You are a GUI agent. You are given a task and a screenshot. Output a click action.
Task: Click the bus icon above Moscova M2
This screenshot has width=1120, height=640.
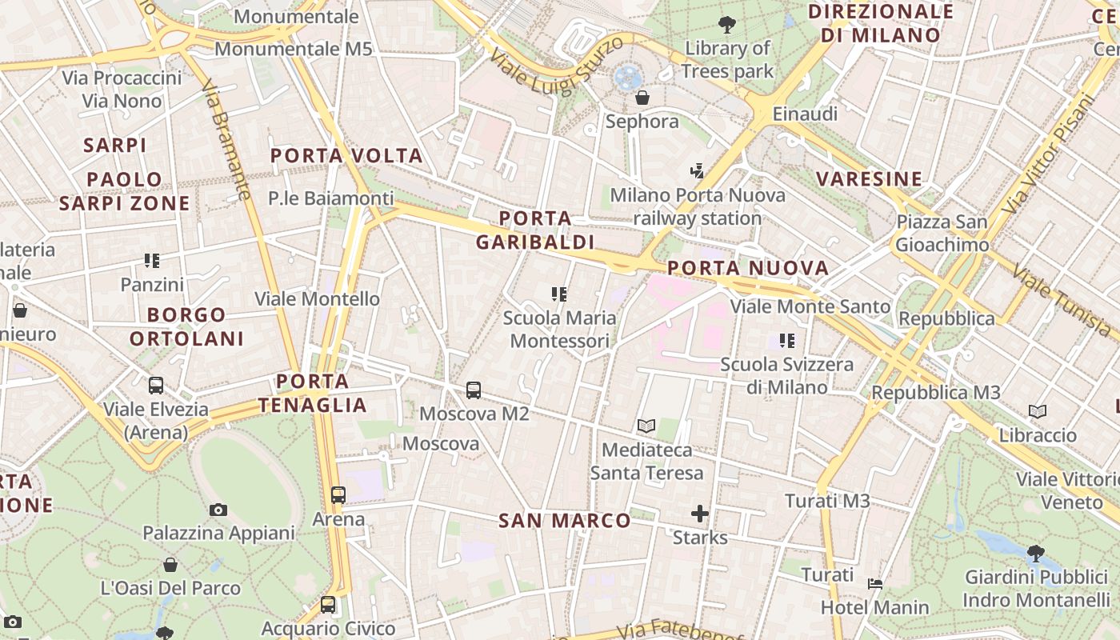coord(474,390)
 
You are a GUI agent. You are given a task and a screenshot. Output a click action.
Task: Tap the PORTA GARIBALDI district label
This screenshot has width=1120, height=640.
coord(535,230)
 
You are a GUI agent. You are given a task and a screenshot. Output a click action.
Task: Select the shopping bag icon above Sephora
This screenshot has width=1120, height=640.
coord(642,98)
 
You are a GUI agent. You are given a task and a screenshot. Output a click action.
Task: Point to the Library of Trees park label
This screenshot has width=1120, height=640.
coord(727,60)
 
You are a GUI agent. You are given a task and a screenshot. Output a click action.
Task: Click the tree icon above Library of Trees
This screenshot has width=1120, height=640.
coord(727,25)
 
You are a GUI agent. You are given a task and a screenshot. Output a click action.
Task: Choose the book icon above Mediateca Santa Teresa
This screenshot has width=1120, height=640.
coord(646,426)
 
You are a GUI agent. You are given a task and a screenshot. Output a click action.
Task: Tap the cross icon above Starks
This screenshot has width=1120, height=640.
coord(700,513)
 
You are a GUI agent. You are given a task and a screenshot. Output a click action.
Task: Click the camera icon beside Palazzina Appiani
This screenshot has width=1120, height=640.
coord(218,510)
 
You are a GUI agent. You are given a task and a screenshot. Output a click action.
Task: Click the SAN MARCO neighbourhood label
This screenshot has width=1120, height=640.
coord(565,521)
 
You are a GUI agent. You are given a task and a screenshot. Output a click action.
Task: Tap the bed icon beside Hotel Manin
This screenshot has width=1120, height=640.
coord(875,584)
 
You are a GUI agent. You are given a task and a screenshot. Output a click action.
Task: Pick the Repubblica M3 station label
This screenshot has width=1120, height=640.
coord(936,393)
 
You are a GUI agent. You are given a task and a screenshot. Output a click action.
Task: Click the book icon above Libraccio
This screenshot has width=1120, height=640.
coord(1038,412)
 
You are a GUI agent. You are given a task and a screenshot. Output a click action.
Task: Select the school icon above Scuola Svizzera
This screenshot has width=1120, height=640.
coord(787,341)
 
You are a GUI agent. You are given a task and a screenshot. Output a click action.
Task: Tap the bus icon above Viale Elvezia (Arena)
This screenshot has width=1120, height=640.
coord(156,386)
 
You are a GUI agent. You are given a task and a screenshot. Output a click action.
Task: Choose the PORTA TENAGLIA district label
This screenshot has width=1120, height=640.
coord(312,393)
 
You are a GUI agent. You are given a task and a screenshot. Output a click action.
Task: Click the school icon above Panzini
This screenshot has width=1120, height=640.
coord(152,260)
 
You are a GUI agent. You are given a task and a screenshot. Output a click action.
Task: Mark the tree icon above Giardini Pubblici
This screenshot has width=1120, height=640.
coord(1035,552)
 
